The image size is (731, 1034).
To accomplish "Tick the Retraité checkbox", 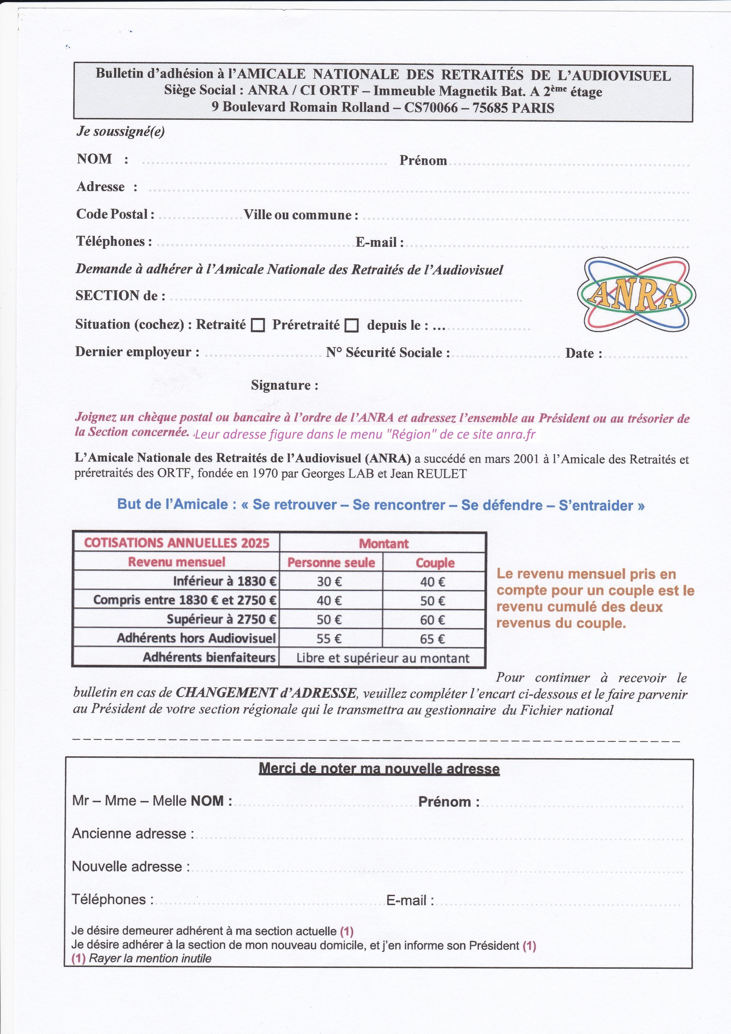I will pyautogui.click(x=257, y=325).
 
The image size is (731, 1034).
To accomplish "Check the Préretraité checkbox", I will pyautogui.click(x=351, y=325).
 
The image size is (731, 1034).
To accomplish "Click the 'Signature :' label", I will pyautogui.click(x=284, y=385).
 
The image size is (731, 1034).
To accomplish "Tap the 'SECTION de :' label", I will pyautogui.click(x=120, y=296).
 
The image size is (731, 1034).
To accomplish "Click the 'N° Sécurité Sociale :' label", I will pyautogui.click(x=388, y=353).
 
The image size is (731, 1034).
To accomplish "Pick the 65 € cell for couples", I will pyautogui.click(x=433, y=639).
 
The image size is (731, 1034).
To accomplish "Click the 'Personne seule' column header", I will pyautogui.click(x=331, y=563).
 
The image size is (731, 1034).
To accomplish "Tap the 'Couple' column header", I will pyautogui.click(x=435, y=563).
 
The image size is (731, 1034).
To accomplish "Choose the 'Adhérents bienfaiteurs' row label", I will pyautogui.click(x=209, y=657).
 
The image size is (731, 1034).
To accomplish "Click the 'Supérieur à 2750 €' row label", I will pyautogui.click(x=222, y=619).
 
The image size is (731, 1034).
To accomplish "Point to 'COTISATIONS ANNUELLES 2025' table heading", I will pyautogui.click(x=176, y=543).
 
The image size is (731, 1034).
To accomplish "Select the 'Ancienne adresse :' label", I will pyautogui.click(x=133, y=833).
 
